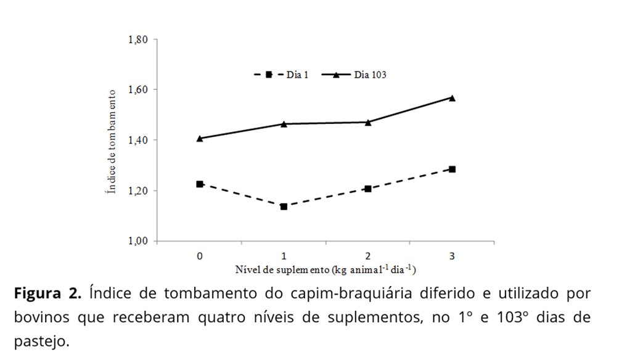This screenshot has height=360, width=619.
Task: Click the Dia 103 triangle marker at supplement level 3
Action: pyautogui.click(x=452, y=97)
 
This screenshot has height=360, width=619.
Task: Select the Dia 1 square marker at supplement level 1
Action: pyautogui.click(x=284, y=207)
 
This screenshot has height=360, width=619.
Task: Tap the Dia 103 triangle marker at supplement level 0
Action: pyautogui.click(x=200, y=138)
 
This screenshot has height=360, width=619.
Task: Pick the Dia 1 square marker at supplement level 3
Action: pyautogui.click(x=452, y=169)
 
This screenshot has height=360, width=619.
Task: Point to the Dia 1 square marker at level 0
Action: pyautogui.click(x=200, y=184)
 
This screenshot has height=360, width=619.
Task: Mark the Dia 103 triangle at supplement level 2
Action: pyautogui.click(x=368, y=122)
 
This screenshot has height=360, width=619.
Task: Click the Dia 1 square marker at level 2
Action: pyautogui.click(x=368, y=189)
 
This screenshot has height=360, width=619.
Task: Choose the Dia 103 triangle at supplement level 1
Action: pyautogui.click(x=284, y=124)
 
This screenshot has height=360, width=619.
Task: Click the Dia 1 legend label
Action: pyautogui.click(x=297, y=75)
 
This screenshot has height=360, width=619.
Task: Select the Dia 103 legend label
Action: pyautogui.click(x=370, y=75)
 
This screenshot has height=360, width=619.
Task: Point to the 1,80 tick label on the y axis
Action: pyautogui.click(x=138, y=40)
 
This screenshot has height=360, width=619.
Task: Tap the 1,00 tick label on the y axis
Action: pyautogui.click(x=138, y=241)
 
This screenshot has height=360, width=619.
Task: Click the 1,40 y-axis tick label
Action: pyautogui.click(x=138, y=141)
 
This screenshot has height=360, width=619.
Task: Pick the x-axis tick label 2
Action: pyautogui.click(x=368, y=256)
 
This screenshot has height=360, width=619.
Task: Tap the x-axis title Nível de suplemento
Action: pyautogui.click(x=325, y=270)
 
